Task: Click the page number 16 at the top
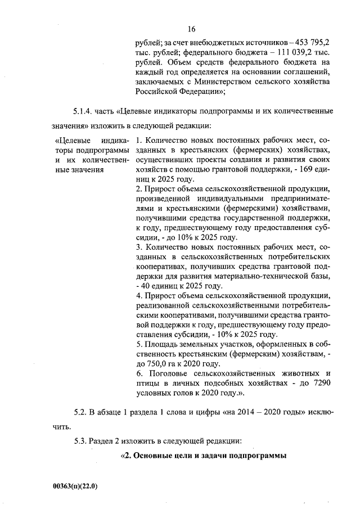click(x=191, y=29)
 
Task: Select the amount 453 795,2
click(x=311, y=42)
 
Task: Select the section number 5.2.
click(x=82, y=412)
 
